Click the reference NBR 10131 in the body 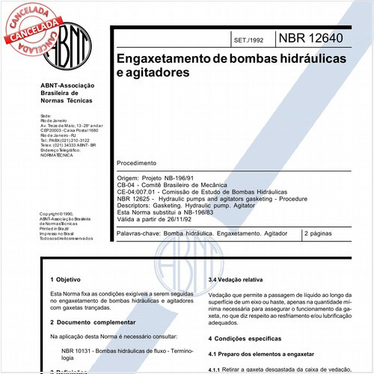(82, 350)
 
